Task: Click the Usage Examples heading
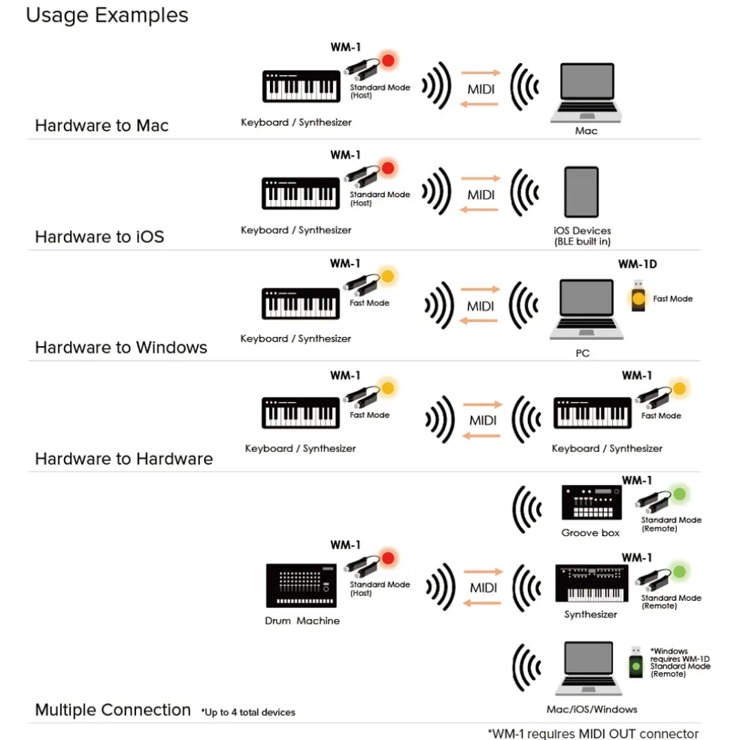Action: [x=107, y=15]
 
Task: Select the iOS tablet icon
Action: [x=581, y=193]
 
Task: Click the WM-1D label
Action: [x=638, y=264]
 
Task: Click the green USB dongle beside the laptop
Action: [x=636, y=665]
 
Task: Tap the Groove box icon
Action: [x=591, y=503]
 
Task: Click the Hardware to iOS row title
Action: [x=99, y=237]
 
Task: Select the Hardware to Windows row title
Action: [x=121, y=347]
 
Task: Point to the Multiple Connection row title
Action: [x=113, y=710]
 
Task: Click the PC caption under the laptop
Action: [x=582, y=353]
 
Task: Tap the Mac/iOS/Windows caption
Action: [x=592, y=709]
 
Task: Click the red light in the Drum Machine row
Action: [x=388, y=559]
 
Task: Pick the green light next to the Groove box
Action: [x=680, y=495]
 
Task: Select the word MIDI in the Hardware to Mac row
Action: [x=481, y=89]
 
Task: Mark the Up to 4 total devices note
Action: [x=248, y=712]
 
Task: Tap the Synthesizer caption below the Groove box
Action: [x=590, y=614]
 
